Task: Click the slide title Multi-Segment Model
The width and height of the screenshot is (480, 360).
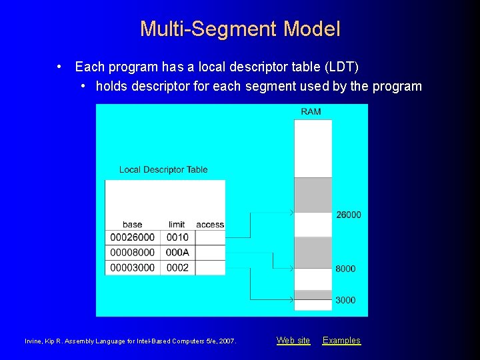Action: tap(240, 29)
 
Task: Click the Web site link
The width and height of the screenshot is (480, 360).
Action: tap(293, 341)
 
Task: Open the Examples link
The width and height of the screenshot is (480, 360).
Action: tap(341, 341)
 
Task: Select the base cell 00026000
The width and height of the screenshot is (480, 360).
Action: tap(132, 237)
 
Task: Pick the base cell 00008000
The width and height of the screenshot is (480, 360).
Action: tap(132, 253)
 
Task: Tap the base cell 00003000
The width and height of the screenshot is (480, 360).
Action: tap(132, 268)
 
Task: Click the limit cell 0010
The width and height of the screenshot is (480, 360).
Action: tap(177, 237)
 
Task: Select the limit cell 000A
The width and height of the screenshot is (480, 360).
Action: tap(177, 253)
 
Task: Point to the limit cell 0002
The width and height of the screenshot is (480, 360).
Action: tap(177, 268)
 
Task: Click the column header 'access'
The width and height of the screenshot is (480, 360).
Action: tap(210, 225)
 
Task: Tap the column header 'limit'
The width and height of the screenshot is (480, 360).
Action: tap(177, 225)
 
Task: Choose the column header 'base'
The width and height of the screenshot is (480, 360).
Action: tap(132, 225)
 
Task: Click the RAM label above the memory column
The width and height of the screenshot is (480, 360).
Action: tap(311, 111)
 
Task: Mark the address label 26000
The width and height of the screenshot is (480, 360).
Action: tap(349, 215)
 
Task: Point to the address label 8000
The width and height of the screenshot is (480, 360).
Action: tap(345, 269)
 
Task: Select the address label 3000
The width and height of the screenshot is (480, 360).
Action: tap(345, 300)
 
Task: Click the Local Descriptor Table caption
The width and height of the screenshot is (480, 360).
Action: tap(163, 169)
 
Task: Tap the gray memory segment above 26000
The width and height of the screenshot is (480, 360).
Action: tap(313, 195)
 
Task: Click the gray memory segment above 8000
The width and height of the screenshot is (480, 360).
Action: tap(313, 253)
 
